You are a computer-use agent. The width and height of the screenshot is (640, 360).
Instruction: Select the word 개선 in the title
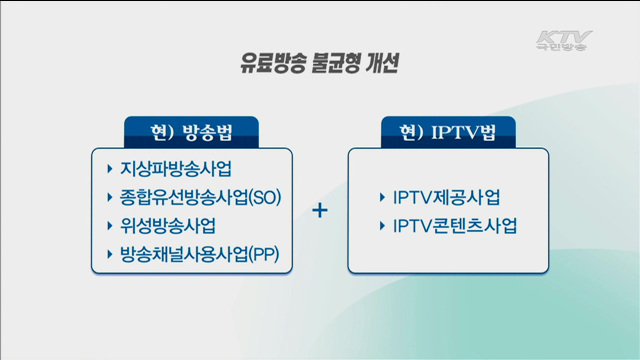pos(384,62)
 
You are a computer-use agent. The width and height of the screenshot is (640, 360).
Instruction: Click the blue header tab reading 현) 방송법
pos(191,132)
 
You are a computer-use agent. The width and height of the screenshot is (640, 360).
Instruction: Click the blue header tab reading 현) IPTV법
pos(447,132)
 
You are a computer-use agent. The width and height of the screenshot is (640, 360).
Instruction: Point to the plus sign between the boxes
pos(320,211)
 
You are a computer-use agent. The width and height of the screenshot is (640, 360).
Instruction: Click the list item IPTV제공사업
pos(447,196)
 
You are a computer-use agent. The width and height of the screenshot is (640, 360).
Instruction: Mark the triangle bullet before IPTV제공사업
pos(383,196)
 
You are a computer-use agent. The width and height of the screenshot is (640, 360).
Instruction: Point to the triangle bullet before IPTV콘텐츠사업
pos(383,225)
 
